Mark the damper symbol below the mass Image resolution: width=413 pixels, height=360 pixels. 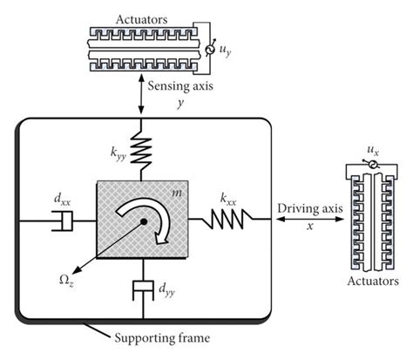[x=140, y=289]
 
